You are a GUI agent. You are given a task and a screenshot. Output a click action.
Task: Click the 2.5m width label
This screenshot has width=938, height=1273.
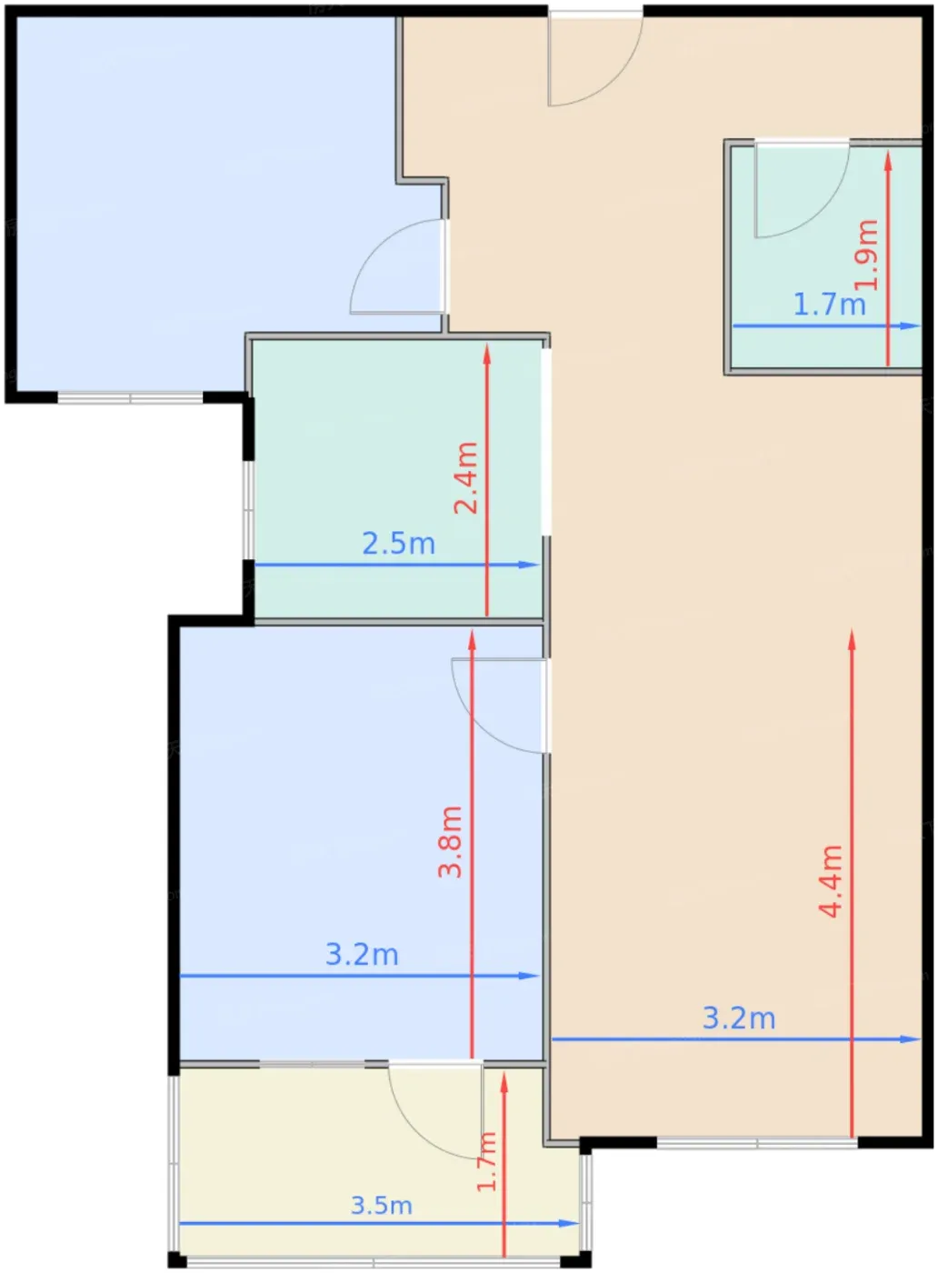399,544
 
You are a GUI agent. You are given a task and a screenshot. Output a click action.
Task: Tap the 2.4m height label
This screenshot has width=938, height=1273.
466,477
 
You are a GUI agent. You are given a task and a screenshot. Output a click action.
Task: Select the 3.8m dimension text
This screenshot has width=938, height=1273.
451,842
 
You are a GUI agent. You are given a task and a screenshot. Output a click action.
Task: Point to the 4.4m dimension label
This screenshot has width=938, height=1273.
830,881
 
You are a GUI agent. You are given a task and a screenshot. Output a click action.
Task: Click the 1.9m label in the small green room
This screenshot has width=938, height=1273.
866,255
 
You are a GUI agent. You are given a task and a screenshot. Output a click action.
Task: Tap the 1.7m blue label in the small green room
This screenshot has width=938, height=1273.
829,305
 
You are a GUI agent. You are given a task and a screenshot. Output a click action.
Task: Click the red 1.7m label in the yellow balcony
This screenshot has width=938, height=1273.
486,1161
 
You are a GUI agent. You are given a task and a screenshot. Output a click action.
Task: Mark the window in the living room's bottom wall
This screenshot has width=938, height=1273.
757,1142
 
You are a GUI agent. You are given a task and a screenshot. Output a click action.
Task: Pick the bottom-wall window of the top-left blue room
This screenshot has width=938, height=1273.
130,398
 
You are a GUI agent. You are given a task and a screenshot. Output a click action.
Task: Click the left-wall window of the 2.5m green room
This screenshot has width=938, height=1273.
248,510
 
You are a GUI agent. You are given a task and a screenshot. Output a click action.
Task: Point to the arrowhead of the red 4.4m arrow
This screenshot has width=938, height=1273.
852,638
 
